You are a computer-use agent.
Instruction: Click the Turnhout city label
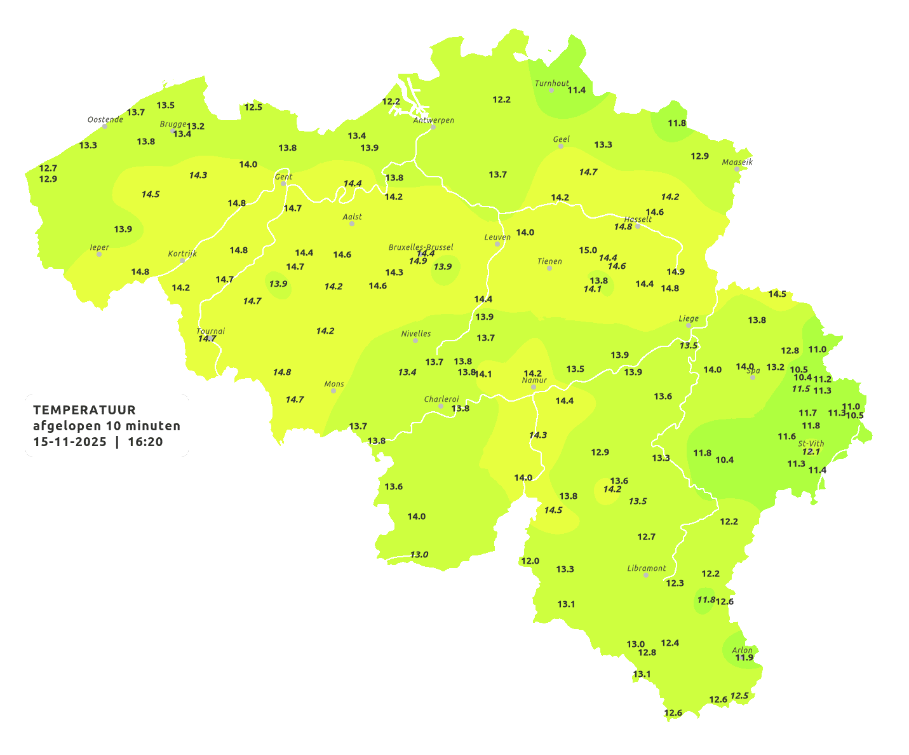coord(551,83)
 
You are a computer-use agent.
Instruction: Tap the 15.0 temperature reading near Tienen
coord(588,250)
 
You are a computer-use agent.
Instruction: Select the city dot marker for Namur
coord(534,387)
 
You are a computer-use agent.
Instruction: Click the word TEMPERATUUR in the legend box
coord(84,410)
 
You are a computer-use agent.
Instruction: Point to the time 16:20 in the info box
coord(145,442)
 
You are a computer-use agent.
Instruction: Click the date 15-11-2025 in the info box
coord(70,442)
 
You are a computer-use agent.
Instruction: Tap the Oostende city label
coord(105,119)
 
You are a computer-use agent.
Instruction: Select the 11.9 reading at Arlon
coord(744,658)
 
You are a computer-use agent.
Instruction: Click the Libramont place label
coord(646,568)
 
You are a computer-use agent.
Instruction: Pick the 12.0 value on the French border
coord(530,561)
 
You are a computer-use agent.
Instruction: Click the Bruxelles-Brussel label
coord(421,247)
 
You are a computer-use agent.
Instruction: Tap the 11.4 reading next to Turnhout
coord(576,90)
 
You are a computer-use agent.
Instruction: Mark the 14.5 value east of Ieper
coord(151,194)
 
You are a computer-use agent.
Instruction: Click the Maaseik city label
coord(737,162)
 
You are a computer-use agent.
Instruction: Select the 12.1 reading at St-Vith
coord(811,452)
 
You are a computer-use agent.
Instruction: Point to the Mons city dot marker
coord(333,391)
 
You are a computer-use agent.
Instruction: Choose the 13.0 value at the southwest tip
coord(419,555)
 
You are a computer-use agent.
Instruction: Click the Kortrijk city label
coord(182,254)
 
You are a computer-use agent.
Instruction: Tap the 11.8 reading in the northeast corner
coord(677,123)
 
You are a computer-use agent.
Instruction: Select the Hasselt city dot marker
coord(638,226)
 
